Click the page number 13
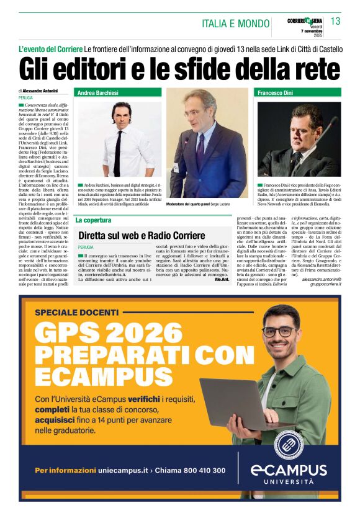pyautogui.click(x=335, y=21)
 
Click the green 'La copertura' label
pyautogui.click(x=93, y=220)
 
